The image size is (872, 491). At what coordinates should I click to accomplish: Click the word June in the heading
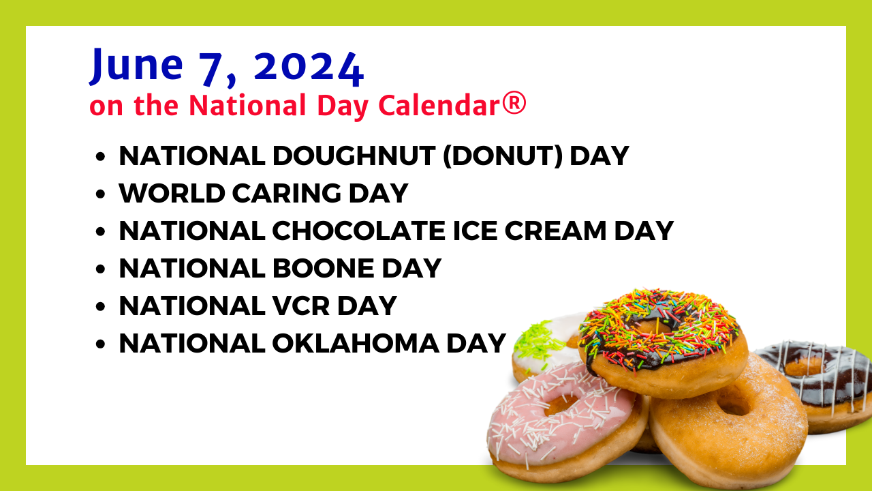136,65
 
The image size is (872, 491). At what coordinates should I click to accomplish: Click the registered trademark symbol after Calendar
514,104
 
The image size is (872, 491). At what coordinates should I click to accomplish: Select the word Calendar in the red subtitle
439,105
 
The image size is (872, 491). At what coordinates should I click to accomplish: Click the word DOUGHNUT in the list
353,156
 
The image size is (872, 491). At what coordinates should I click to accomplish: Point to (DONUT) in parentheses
503,156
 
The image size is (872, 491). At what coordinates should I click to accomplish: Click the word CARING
287,193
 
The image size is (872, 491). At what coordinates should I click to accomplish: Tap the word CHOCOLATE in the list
358,230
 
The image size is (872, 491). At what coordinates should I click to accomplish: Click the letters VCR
301,306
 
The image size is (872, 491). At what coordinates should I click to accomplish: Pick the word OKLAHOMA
356,343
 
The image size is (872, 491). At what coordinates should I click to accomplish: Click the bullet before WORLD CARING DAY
100,194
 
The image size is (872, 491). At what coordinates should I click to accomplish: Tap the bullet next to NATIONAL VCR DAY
100,306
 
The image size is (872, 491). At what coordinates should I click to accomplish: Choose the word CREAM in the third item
555,230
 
